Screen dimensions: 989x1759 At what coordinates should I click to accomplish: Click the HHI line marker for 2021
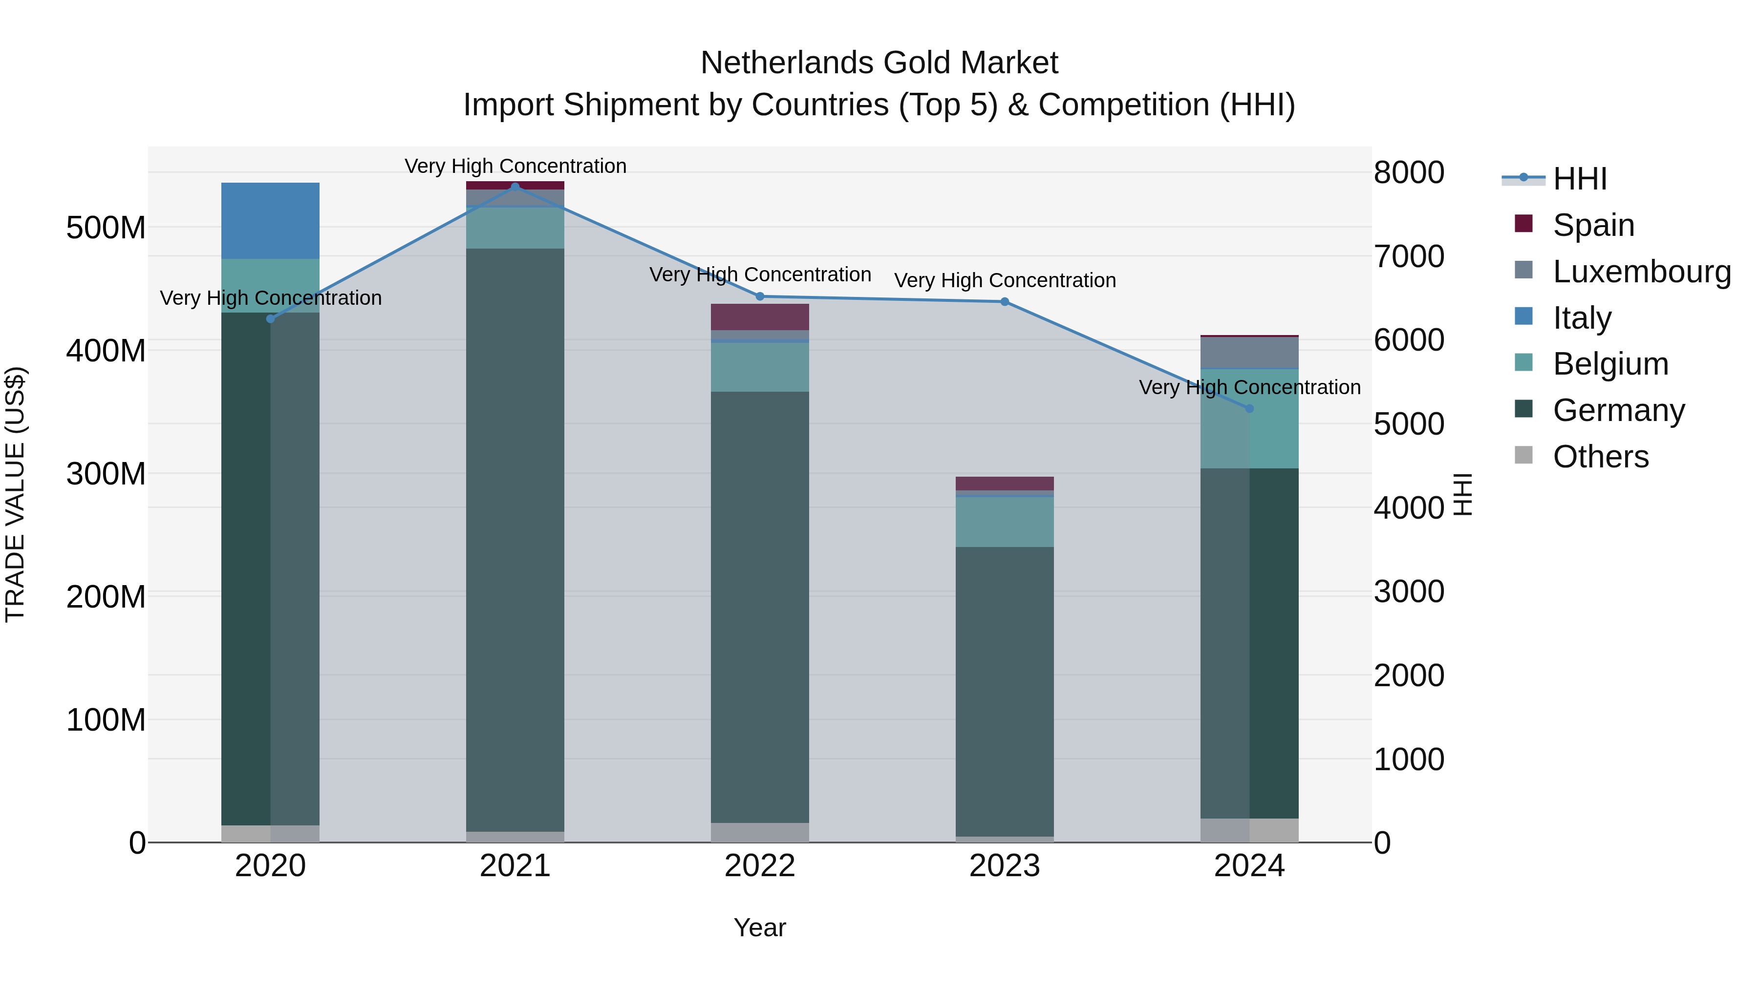click(x=515, y=187)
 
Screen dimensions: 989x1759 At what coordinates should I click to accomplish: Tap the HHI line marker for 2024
click(x=1249, y=408)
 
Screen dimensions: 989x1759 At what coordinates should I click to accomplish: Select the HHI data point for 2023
click(x=1005, y=302)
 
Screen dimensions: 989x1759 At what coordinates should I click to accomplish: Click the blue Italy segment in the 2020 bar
click(x=270, y=220)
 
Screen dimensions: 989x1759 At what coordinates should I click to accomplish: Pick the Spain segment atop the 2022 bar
click(x=759, y=316)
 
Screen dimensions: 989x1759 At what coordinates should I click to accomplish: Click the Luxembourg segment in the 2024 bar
click(x=1249, y=352)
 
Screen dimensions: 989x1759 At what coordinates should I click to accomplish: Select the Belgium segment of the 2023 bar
click(x=1005, y=522)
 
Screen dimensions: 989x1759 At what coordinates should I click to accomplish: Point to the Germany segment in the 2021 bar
click(x=515, y=539)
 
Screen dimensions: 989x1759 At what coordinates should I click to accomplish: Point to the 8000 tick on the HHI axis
click(x=1408, y=173)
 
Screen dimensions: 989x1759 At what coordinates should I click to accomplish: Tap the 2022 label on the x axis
click(x=759, y=866)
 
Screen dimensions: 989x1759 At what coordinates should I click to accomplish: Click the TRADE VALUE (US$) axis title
click(x=16, y=494)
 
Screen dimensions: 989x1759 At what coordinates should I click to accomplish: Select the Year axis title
click(x=759, y=927)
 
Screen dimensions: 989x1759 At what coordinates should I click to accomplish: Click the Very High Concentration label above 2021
click(x=515, y=166)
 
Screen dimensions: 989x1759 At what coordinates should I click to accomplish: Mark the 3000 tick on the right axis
click(x=1408, y=592)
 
